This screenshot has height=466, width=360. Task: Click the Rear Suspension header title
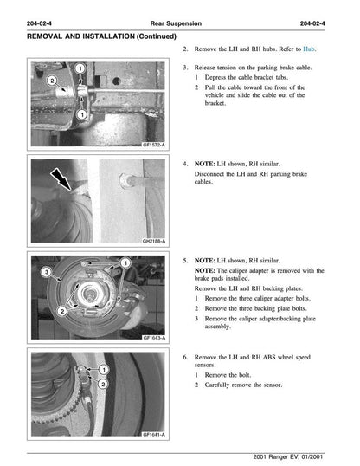(179, 22)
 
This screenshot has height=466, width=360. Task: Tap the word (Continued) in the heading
(151, 37)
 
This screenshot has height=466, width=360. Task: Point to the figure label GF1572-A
(154, 146)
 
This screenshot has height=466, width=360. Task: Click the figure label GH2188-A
(154, 242)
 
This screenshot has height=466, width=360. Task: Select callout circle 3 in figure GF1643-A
(47, 273)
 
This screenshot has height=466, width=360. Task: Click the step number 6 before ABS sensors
(186, 356)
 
